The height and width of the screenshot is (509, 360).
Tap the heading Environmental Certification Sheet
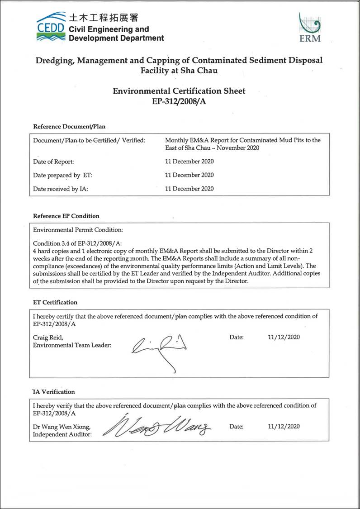[x=179, y=91]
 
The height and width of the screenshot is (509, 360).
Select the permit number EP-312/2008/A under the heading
[x=179, y=101]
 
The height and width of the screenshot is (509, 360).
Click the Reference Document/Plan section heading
[x=69, y=127]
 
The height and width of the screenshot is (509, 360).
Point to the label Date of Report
[x=53, y=162]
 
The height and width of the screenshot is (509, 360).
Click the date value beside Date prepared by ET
[x=189, y=175]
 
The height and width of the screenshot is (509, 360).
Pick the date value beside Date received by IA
[x=189, y=189]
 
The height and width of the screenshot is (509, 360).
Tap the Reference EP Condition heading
[x=66, y=216]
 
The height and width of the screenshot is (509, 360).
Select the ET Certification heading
[x=55, y=302]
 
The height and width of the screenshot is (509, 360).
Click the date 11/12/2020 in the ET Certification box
[x=284, y=337]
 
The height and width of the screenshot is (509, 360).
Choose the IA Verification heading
[x=54, y=392]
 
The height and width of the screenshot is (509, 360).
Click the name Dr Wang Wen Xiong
[x=62, y=427]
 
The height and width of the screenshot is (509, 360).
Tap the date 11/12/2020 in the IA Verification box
[x=284, y=426]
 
